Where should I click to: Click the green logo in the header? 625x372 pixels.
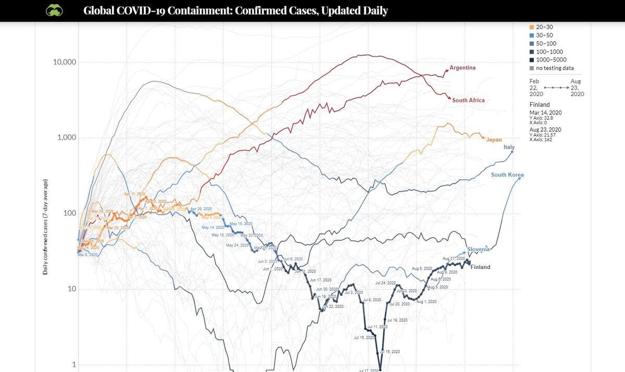click(54, 10)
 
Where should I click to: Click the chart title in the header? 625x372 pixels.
click(235, 11)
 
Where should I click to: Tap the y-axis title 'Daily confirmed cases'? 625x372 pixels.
click(46, 227)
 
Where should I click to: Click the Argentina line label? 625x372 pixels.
click(463, 68)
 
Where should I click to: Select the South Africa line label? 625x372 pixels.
click(468, 100)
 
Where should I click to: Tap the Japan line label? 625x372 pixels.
click(494, 140)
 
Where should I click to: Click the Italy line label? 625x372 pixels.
click(509, 147)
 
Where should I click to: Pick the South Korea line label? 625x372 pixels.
click(507, 175)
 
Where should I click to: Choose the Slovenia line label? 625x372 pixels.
click(478, 249)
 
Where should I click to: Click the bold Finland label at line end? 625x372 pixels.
click(480, 267)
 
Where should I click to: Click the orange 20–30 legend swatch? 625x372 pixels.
click(531, 27)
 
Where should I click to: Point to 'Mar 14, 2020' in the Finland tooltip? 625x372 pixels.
click(545, 113)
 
